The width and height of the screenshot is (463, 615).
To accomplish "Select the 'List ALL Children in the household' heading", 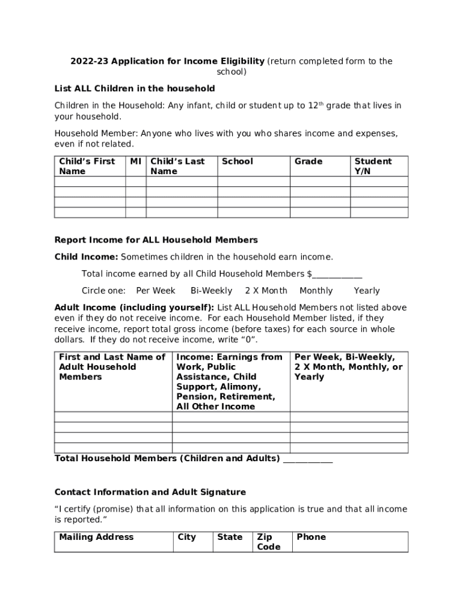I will coord(135,88).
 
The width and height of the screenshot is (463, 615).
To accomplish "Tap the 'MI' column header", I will coord(136,162).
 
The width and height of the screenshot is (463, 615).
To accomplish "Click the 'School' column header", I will coord(238,162).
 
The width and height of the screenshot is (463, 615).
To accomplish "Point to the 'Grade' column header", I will coord(308,162).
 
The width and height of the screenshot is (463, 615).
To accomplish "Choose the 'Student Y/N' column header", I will coord(373,166).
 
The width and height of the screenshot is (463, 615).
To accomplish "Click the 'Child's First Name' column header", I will coord(87,166).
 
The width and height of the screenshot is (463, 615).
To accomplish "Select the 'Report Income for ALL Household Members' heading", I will coord(156,240).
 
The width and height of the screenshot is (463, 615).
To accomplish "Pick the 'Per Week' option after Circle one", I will coord(156,291).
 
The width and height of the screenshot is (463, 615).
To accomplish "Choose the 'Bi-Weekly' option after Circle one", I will coord(211,291).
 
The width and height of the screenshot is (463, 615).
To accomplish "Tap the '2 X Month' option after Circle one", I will coord(266,291).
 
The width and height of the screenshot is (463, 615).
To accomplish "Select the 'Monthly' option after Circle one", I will coord(316,291).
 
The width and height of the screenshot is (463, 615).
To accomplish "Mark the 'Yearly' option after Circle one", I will coord(367,291).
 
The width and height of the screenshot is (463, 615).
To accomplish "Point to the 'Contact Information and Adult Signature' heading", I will coord(150,492).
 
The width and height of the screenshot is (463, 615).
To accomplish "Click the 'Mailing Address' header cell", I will coord(96,537).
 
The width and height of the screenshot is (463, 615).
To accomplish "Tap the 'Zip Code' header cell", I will coord(268,542).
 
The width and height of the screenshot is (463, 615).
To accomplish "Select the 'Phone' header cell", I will coord(311,537).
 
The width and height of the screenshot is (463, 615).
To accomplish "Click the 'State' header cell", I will coord(230,537).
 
